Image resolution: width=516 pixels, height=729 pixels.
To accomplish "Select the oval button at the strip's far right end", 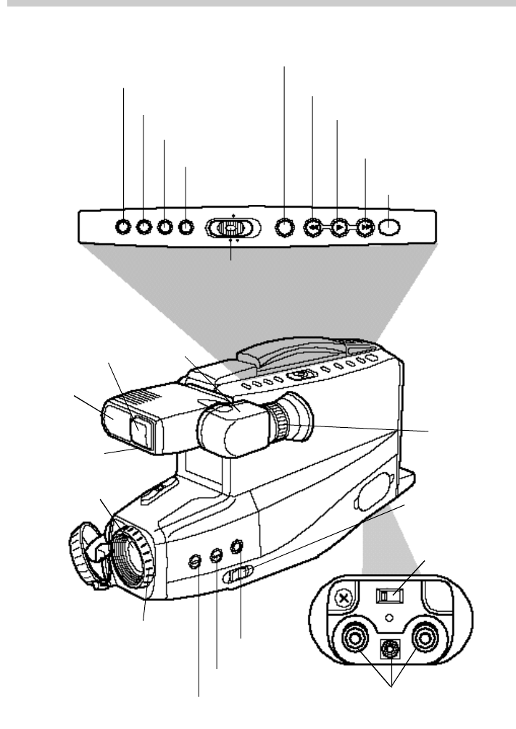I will coord(390,227).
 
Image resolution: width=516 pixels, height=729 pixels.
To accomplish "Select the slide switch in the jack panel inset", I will coord(388,596).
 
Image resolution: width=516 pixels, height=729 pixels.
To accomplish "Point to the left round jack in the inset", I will coord(355,639).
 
